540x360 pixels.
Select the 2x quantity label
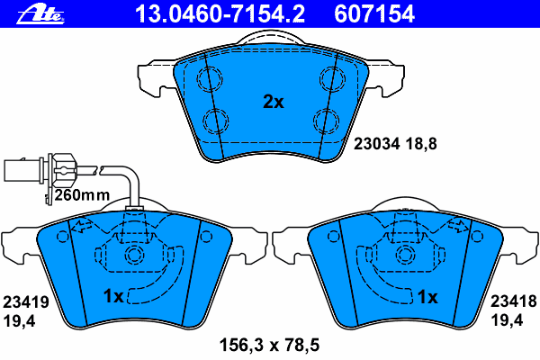tap(273, 103)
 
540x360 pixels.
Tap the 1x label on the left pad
tap(113, 296)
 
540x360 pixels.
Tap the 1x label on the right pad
tap(426, 296)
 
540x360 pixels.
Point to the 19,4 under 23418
tap(507, 319)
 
